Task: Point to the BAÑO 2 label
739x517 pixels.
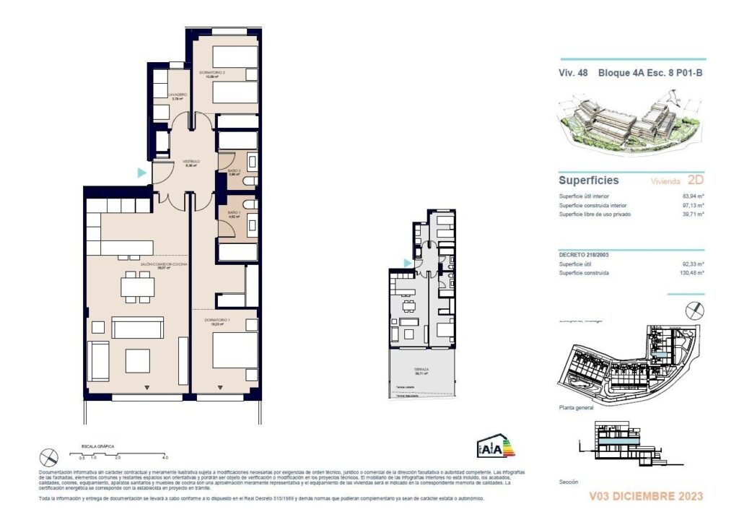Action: click(233, 172)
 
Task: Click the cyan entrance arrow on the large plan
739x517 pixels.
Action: click(142, 173)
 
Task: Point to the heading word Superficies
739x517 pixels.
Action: click(588, 181)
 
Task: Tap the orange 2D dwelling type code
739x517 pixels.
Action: click(695, 181)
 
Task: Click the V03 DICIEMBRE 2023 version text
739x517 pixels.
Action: click(646, 496)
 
